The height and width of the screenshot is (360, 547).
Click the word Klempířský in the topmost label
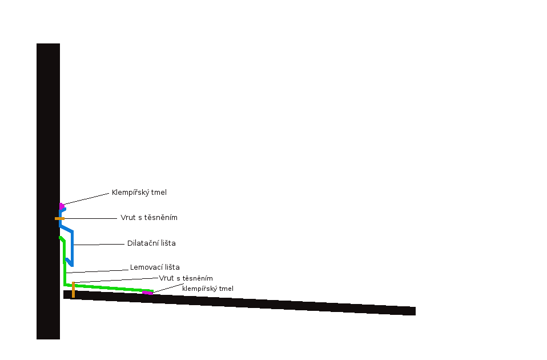(130, 193)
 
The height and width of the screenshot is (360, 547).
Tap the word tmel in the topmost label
(159, 193)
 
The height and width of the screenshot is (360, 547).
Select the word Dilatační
(143, 243)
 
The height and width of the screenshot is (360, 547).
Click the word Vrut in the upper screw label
(128, 218)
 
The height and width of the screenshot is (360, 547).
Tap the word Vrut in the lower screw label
(167, 278)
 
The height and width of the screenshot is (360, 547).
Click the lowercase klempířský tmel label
(208, 289)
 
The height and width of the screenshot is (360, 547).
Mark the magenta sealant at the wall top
(61, 206)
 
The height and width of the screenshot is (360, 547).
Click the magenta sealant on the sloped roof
(147, 293)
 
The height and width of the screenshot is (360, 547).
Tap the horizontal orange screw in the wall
(59, 218)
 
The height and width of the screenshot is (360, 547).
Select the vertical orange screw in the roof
(73, 290)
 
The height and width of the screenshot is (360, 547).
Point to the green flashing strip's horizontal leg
(108, 287)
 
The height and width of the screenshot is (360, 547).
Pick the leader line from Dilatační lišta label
(100, 245)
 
